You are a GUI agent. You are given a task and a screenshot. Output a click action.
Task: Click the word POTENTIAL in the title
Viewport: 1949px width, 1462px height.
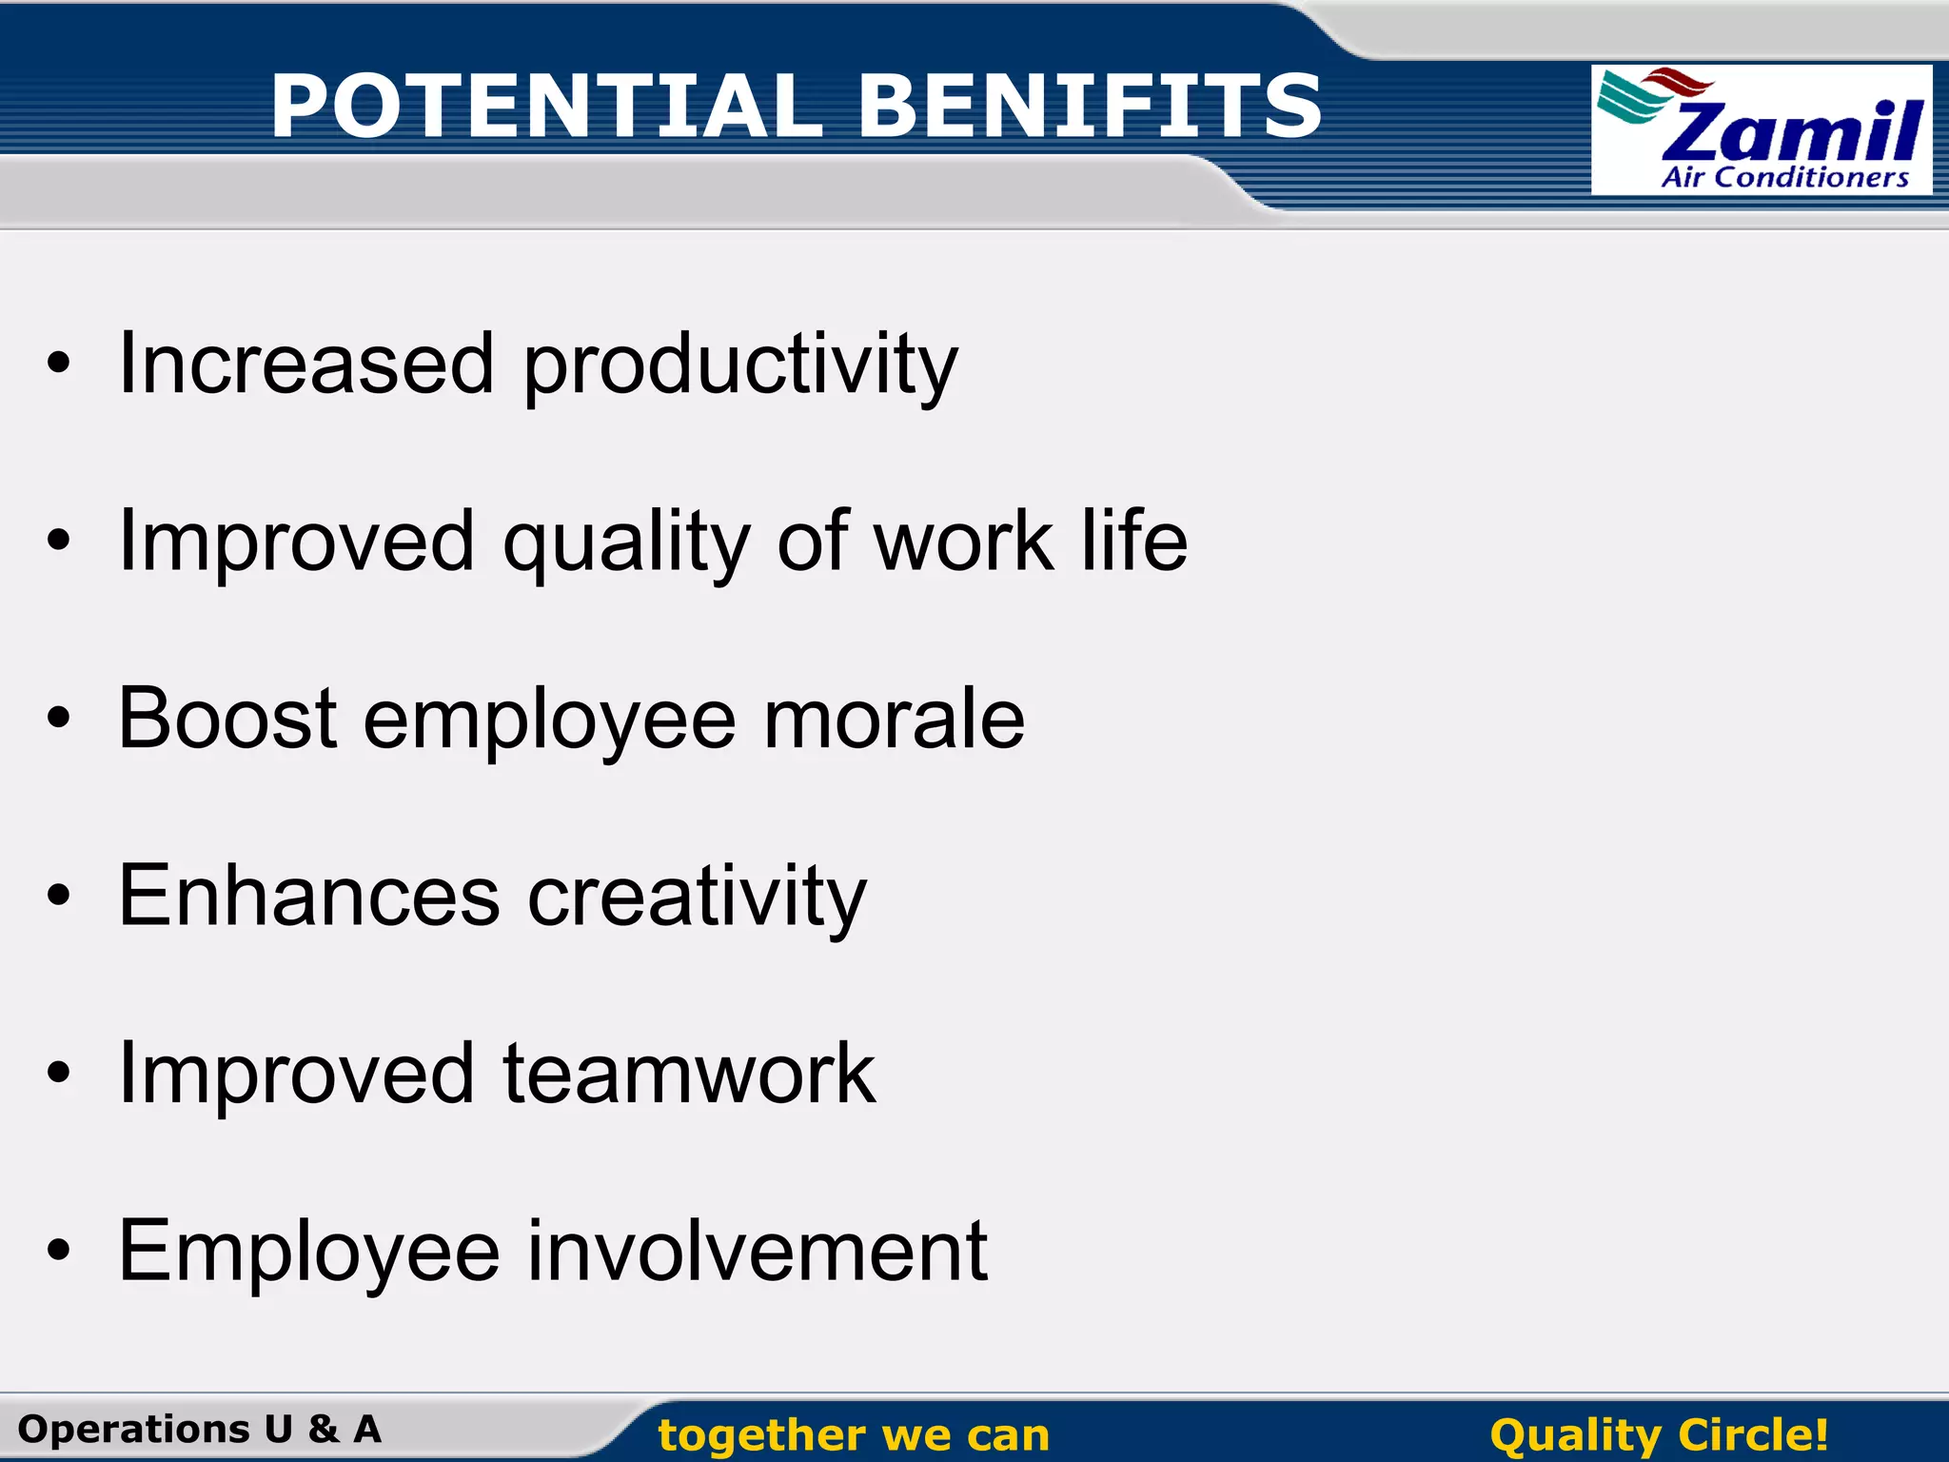click(x=545, y=106)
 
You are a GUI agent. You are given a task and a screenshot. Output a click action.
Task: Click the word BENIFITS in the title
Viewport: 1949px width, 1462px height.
click(x=1090, y=106)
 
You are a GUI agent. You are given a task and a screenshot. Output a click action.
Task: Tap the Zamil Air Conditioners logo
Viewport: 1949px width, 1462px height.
click(x=1761, y=130)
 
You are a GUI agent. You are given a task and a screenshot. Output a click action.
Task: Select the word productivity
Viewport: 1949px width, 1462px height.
click(x=740, y=366)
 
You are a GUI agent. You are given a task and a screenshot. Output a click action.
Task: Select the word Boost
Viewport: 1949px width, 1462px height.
click(x=227, y=719)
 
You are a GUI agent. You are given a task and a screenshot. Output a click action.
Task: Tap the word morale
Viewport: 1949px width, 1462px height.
click(x=894, y=719)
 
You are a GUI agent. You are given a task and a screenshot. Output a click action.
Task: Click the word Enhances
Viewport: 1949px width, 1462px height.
click(x=308, y=896)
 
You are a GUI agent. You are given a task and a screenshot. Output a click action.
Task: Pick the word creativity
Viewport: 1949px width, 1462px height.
click(x=697, y=898)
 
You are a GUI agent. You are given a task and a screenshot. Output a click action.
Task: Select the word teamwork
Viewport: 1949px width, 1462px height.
click(x=688, y=1074)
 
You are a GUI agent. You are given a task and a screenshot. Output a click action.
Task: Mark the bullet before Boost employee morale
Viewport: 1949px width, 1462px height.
click(x=59, y=720)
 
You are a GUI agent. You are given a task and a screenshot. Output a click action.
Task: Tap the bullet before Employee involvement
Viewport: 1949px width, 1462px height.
click(x=59, y=1252)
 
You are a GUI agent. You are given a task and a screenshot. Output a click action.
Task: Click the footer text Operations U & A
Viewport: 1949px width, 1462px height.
click(x=200, y=1430)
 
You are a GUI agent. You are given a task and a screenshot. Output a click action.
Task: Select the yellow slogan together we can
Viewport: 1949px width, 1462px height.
click(x=854, y=1435)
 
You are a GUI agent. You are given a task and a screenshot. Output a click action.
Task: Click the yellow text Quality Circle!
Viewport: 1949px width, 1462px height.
click(x=1659, y=1435)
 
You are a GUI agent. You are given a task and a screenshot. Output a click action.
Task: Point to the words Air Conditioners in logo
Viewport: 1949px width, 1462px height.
click(x=1784, y=178)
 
